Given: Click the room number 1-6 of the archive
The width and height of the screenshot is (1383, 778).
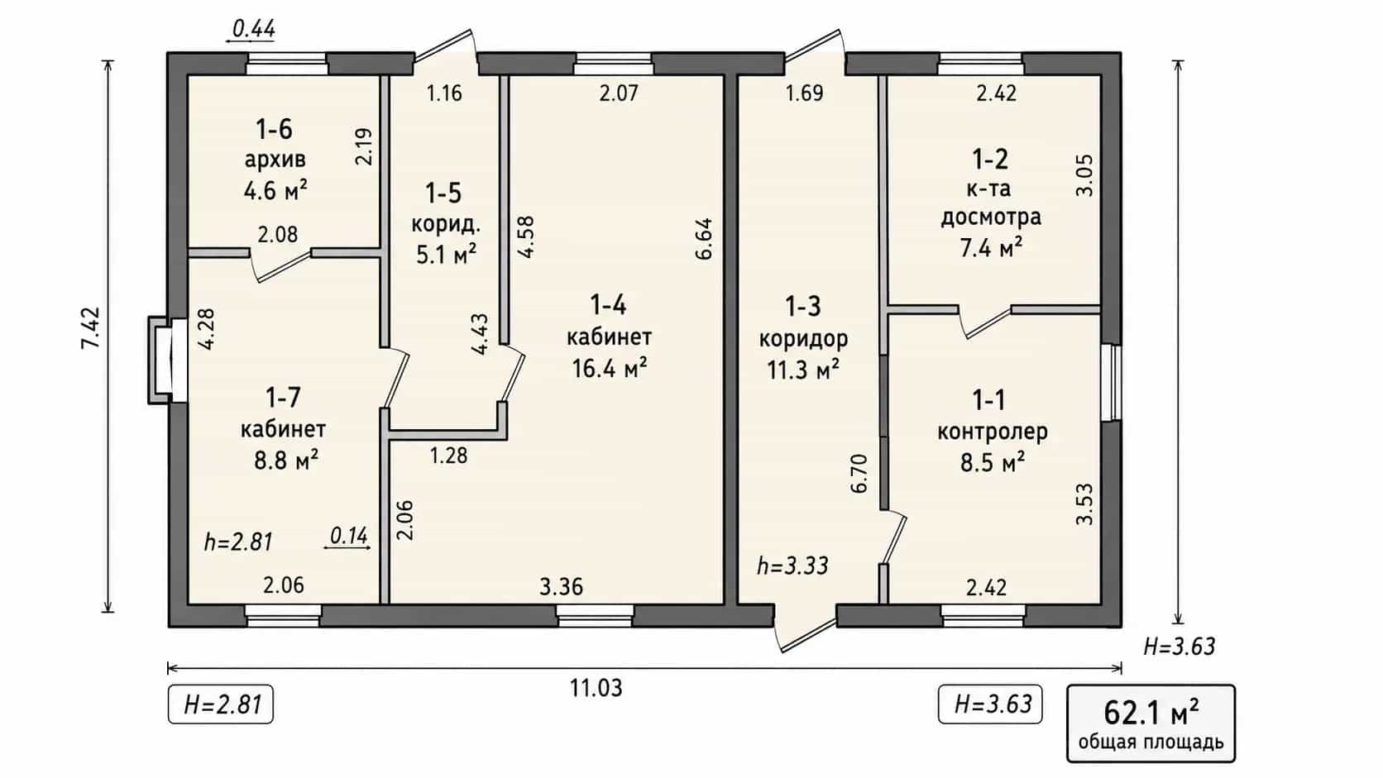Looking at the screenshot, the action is pyautogui.click(x=274, y=130).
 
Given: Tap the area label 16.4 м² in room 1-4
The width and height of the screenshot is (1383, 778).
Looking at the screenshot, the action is pyautogui.click(x=610, y=369).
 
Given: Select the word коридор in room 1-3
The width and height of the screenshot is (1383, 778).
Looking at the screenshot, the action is pyautogui.click(x=803, y=339).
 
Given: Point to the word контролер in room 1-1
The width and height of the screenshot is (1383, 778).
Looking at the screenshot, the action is pyautogui.click(x=993, y=432).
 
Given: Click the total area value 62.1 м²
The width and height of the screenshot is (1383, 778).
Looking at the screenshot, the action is pyautogui.click(x=1151, y=713).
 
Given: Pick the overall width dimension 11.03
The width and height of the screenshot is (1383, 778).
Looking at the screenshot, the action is pyautogui.click(x=596, y=687).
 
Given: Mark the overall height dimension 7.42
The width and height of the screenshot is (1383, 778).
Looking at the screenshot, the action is pyautogui.click(x=91, y=328).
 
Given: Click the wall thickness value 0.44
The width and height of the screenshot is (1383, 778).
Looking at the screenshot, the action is pyautogui.click(x=254, y=28).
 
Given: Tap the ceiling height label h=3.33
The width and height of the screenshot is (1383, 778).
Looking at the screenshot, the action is pyautogui.click(x=792, y=566).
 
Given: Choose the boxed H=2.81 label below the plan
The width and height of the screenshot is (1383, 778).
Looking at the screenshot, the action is pyautogui.click(x=220, y=704).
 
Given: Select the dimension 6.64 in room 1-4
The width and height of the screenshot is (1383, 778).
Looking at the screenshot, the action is pyautogui.click(x=704, y=239).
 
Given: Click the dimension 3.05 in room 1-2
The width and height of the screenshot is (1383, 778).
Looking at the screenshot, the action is pyautogui.click(x=1084, y=175).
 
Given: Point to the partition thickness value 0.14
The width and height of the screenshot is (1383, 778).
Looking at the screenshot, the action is pyautogui.click(x=349, y=536).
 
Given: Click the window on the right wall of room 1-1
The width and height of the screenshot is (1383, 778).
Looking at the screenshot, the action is pyautogui.click(x=1112, y=383).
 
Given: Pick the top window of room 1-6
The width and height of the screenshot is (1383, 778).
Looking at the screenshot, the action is pyautogui.click(x=287, y=64).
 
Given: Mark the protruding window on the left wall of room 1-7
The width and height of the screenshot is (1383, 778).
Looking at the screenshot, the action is pyautogui.click(x=167, y=360).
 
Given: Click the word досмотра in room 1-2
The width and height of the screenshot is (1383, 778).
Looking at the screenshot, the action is pyautogui.click(x=991, y=217).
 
